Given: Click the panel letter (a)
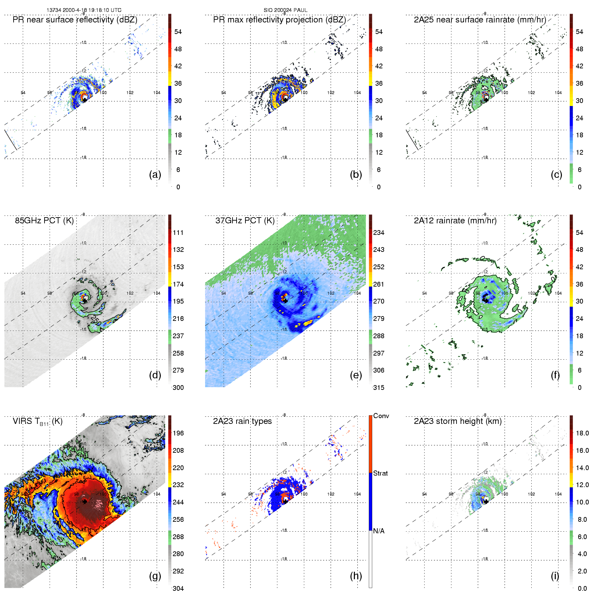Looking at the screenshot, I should click(155, 174).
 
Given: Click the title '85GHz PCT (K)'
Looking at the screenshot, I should click(44, 221).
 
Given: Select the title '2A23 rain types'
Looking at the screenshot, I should click(242, 421).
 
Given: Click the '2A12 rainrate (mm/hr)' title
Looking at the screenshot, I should click(455, 221).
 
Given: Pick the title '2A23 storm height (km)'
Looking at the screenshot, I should click(458, 421).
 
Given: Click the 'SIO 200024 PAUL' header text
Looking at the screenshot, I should click(286, 10).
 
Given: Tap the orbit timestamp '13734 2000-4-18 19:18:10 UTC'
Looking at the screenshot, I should click(84, 10).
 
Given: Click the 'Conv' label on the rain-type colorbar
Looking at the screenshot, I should click(381, 416).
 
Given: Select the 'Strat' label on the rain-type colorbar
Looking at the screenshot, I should click(380, 473).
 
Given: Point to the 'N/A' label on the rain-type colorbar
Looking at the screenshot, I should click(379, 531).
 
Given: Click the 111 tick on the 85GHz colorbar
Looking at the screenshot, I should click(178, 233).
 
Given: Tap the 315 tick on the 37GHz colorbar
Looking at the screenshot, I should click(379, 388).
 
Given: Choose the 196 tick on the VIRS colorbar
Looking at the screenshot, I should click(178, 433).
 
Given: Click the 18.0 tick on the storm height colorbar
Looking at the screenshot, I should click(582, 433).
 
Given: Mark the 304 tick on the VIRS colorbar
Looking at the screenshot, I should click(178, 588).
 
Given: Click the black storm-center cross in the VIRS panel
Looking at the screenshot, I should click(85, 502).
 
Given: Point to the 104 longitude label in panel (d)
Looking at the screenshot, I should click(157, 293).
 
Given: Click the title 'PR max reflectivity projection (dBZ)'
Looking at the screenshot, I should click(279, 20).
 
